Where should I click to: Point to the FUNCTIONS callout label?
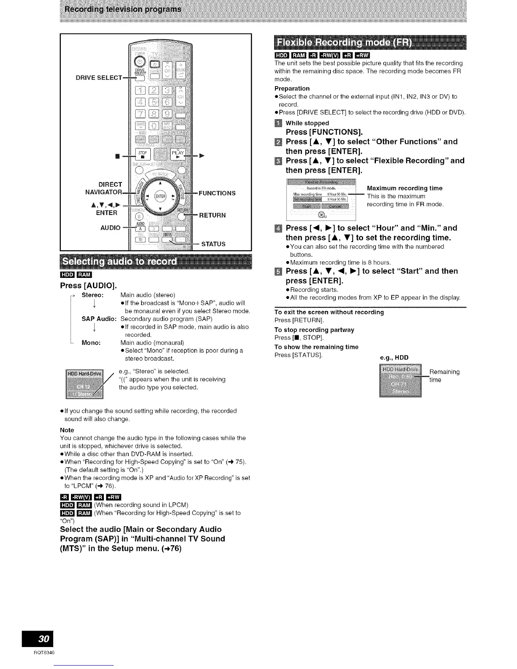click(x=217, y=193)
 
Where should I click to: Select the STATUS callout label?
click(x=213, y=244)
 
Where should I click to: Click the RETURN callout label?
click(x=212, y=215)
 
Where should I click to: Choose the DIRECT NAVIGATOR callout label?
click(x=104, y=188)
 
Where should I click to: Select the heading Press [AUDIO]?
click(x=88, y=286)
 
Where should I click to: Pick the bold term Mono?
click(x=91, y=343)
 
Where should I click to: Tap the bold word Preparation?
click(x=292, y=88)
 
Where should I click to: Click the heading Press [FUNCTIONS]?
click(x=324, y=132)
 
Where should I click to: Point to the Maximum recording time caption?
click(x=405, y=188)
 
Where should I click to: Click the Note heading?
click(x=67, y=430)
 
